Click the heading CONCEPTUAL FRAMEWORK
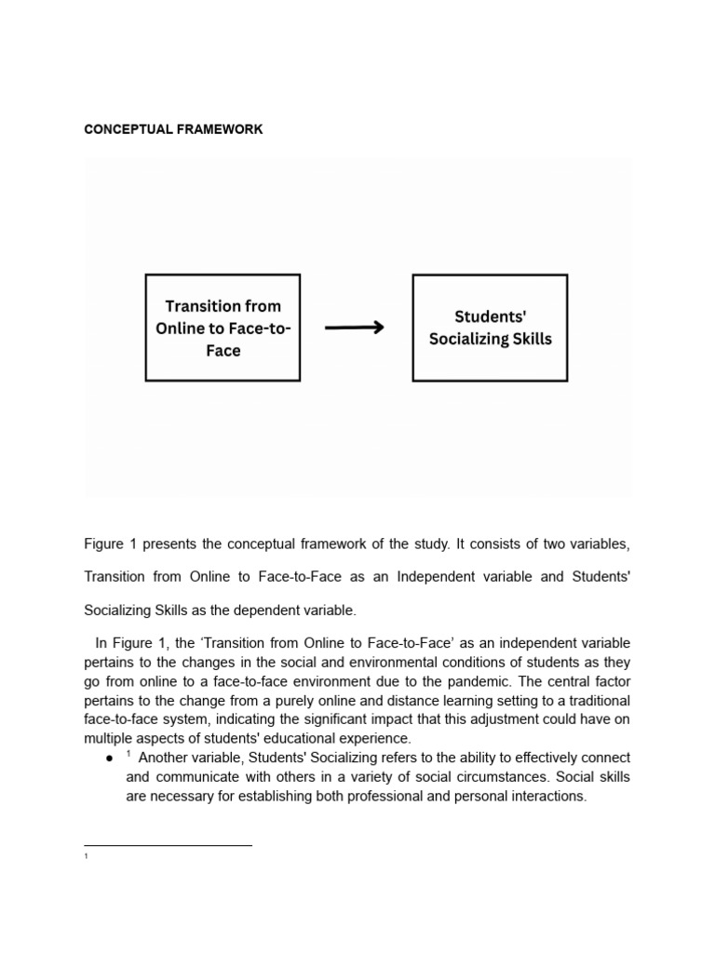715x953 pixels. pos(173,129)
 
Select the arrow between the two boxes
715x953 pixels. pos(354,328)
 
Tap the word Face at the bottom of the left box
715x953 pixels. pos(223,351)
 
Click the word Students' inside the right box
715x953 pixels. pos(491,317)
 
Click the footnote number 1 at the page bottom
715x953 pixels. pos(86,855)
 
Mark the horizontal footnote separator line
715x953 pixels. pos(168,845)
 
